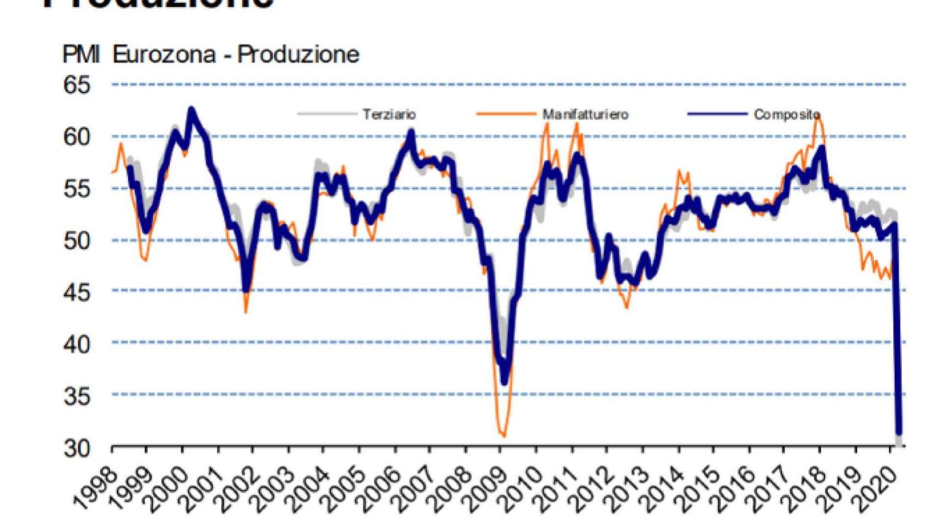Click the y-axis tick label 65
click(77, 85)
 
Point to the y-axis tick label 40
click(77, 344)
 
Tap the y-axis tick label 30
click(77, 448)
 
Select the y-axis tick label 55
click(77, 188)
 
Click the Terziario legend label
click(389, 114)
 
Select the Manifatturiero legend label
click(585, 114)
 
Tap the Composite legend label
click(786, 114)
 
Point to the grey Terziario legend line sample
click(326, 113)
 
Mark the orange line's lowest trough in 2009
click(504, 436)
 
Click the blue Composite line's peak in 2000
click(191, 110)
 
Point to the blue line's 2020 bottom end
click(899, 432)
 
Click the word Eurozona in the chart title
click(164, 55)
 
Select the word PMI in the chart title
click(81, 55)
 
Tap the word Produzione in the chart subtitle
click(298, 55)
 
